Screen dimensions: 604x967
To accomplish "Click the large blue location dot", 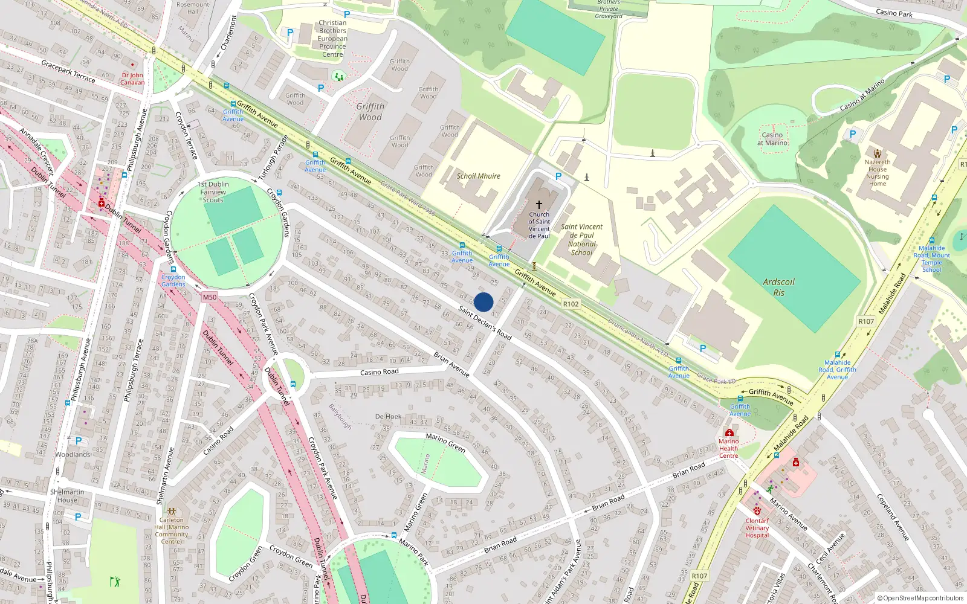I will pos(483,302).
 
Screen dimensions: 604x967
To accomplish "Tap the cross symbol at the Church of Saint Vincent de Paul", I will pos(539,204).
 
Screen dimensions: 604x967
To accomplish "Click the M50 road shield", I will pos(209,297).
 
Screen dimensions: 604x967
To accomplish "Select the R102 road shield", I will pos(571,304).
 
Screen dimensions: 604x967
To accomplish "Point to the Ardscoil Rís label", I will pos(778,287).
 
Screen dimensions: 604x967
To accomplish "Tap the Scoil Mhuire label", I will pos(478,176).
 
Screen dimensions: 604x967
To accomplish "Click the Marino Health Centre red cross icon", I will pos(729,433).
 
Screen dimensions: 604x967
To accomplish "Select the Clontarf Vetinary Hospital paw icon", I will pos(757,510).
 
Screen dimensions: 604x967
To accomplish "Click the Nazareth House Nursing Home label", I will pos(878,173).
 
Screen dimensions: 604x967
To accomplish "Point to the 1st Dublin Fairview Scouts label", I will pos(213,192).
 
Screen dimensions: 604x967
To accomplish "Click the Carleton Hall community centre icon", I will pos(172,511).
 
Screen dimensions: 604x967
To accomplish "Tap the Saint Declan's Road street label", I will pos(485,323).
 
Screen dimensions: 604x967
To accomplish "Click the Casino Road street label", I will pos(379,372).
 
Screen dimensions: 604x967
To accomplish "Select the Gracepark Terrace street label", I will pos(68,71).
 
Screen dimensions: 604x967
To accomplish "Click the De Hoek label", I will pos(388,417).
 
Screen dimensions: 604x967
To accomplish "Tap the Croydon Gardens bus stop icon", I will pos(173,269).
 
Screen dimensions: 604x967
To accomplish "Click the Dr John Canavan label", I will pos(132,79).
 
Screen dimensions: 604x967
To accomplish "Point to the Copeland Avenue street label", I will pos(893,517).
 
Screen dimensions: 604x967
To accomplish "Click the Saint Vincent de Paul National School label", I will pos(581,240).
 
